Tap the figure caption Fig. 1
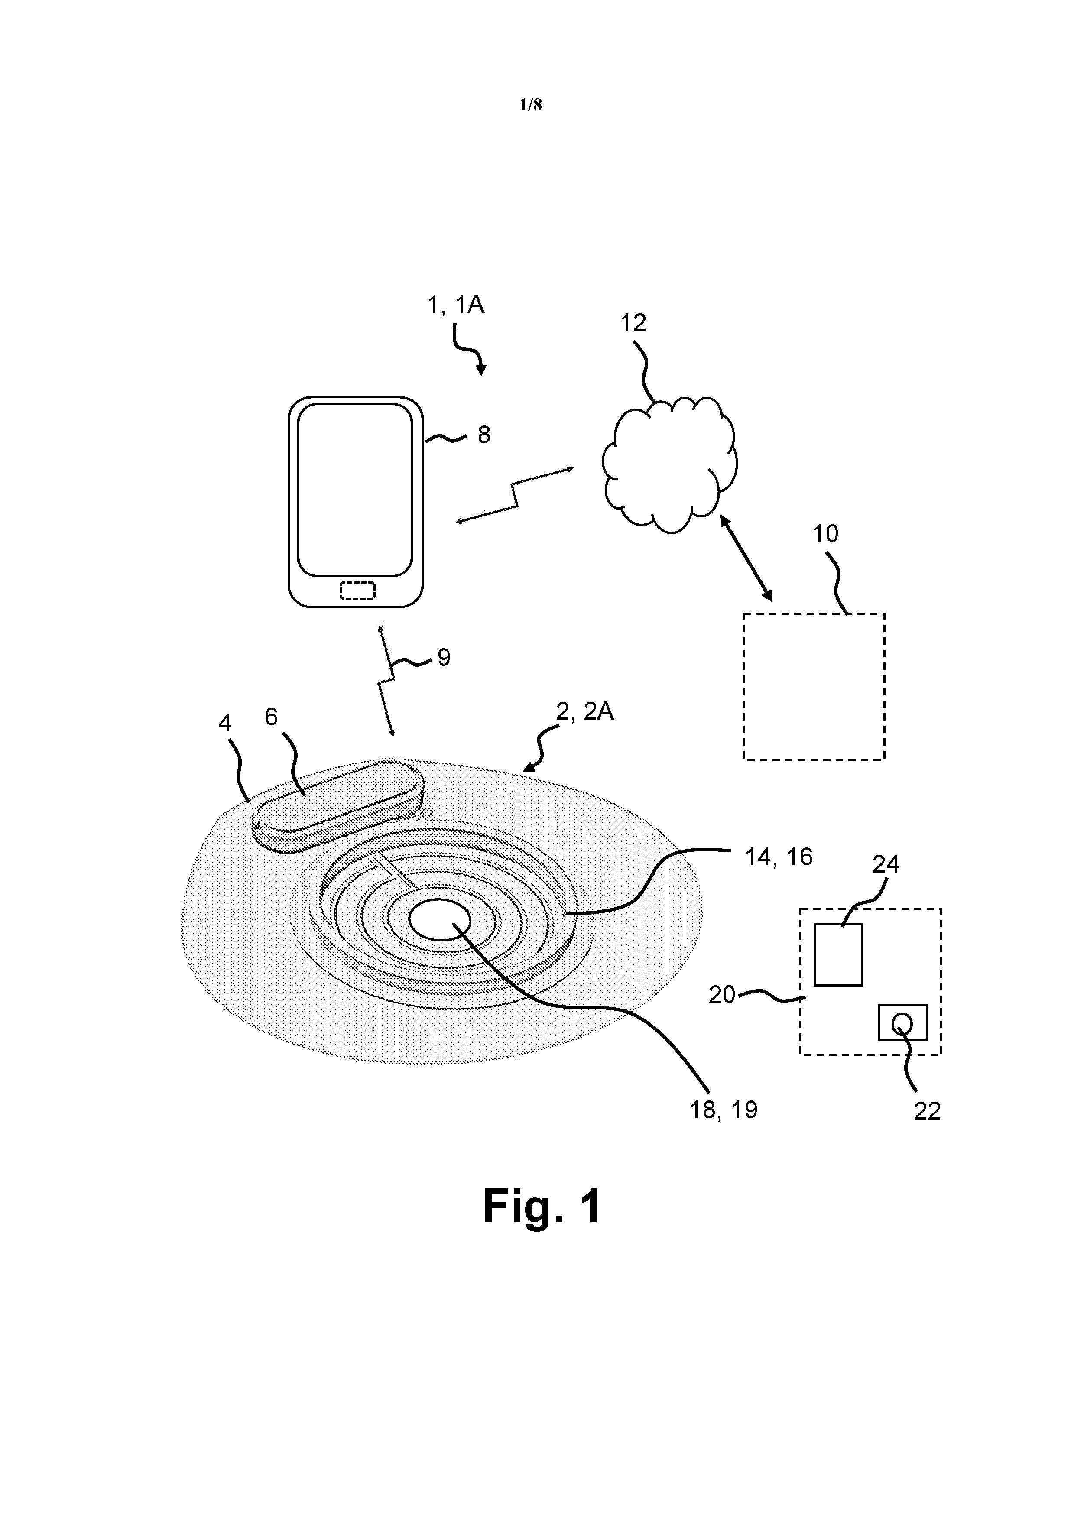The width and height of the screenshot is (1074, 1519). click(x=542, y=1206)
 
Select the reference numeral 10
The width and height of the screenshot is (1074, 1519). click(x=825, y=533)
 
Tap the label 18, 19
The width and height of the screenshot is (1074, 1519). click(x=723, y=1110)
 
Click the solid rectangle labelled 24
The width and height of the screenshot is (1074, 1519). click(x=838, y=954)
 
